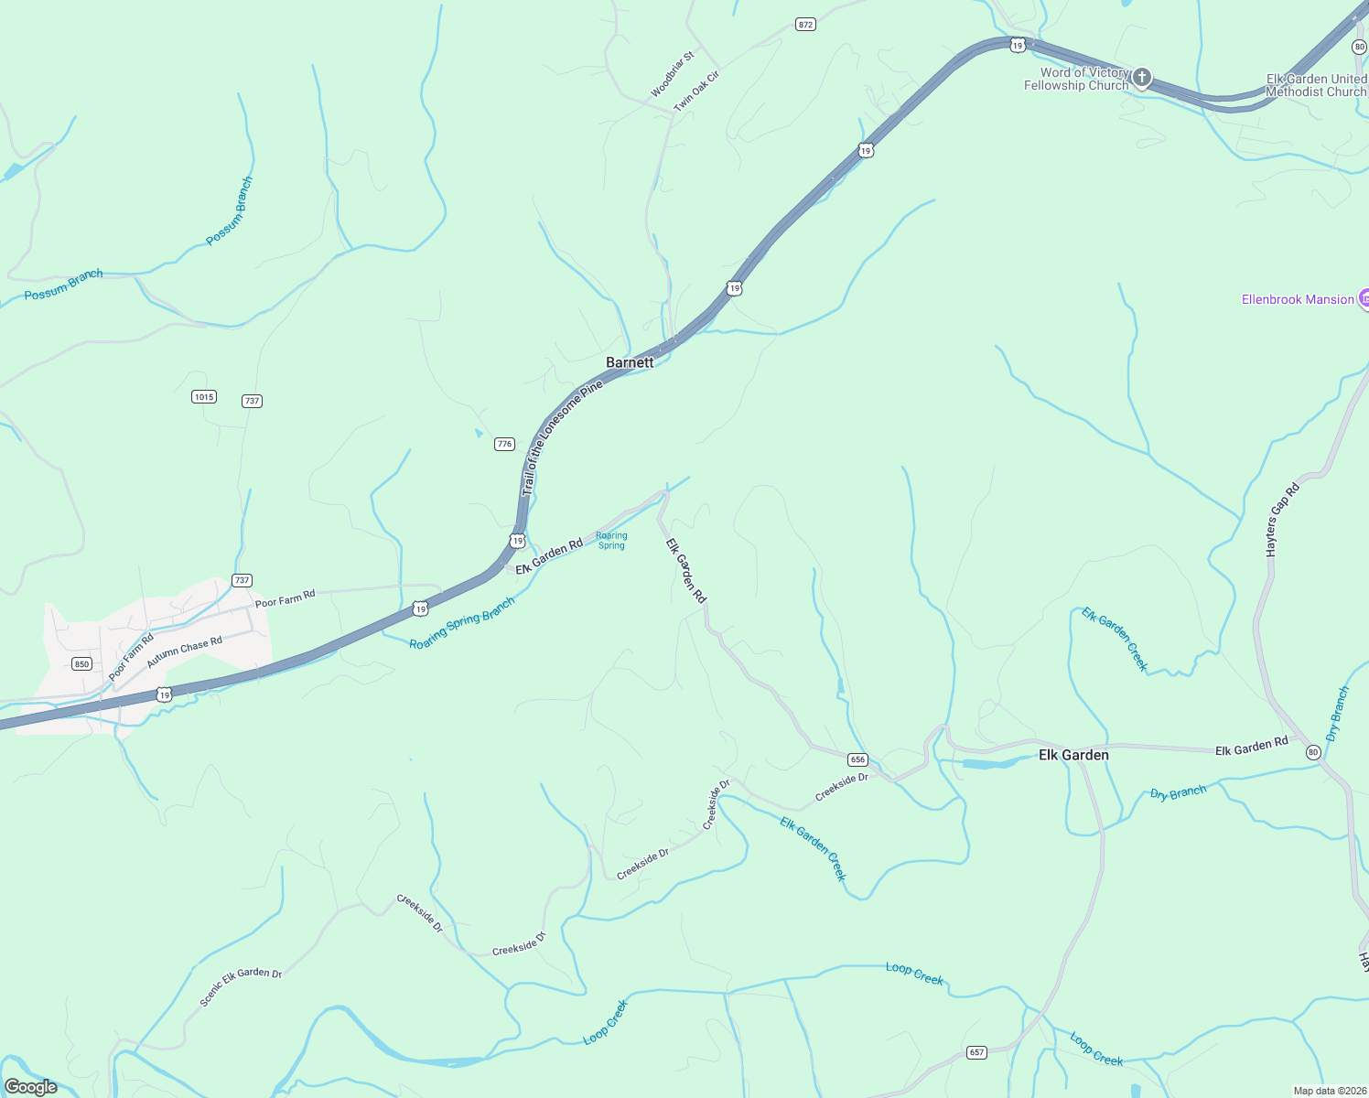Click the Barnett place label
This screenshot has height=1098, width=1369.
[630, 362]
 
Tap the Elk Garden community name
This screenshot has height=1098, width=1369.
[1073, 755]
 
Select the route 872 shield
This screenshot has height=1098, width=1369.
[805, 25]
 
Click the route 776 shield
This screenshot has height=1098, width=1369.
[504, 444]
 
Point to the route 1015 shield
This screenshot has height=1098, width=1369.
[203, 396]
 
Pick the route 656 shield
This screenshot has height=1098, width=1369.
[857, 759]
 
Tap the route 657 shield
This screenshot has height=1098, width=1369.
[976, 1052]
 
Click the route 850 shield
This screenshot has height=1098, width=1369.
[82, 663]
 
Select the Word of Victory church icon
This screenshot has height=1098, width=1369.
[1141, 78]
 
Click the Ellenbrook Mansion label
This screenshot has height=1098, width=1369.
[1297, 299]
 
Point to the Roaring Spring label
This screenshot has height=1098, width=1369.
[611, 541]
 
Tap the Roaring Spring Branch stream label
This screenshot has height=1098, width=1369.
[462, 623]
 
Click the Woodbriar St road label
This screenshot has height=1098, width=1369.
[673, 74]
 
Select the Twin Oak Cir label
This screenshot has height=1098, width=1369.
[697, 91]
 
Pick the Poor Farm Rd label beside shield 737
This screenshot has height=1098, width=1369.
[285, 598]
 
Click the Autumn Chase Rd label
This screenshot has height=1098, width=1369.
[184, 651]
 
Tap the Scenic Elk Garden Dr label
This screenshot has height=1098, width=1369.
[241, 985]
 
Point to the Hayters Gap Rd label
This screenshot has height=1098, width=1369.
[1282, 521]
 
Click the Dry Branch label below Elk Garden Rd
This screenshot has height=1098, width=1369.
[1178, 792]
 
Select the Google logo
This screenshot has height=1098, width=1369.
[31, 1086]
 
